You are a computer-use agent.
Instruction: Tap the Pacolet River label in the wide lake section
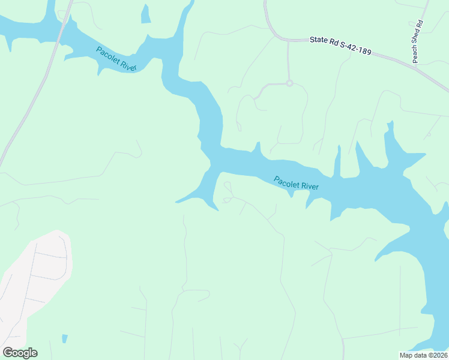296,183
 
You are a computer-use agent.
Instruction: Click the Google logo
20,353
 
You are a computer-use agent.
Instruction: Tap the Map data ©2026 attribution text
423,355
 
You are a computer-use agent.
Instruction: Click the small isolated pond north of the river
146,14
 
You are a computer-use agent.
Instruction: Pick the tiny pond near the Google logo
65,339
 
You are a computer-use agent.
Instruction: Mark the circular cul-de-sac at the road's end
289,83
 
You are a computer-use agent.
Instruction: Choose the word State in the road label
318,40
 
